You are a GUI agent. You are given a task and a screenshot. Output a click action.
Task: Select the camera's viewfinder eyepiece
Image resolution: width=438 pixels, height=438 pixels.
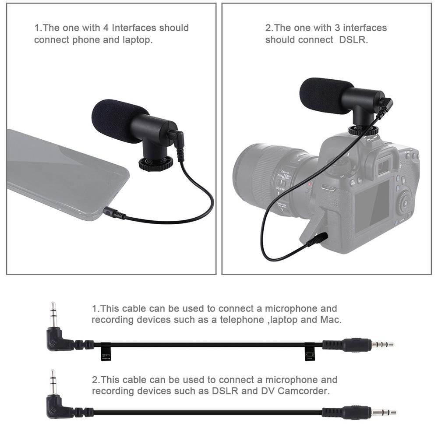point(384,166)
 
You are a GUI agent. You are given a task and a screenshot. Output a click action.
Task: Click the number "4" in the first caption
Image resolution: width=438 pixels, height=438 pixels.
point(106,28)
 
